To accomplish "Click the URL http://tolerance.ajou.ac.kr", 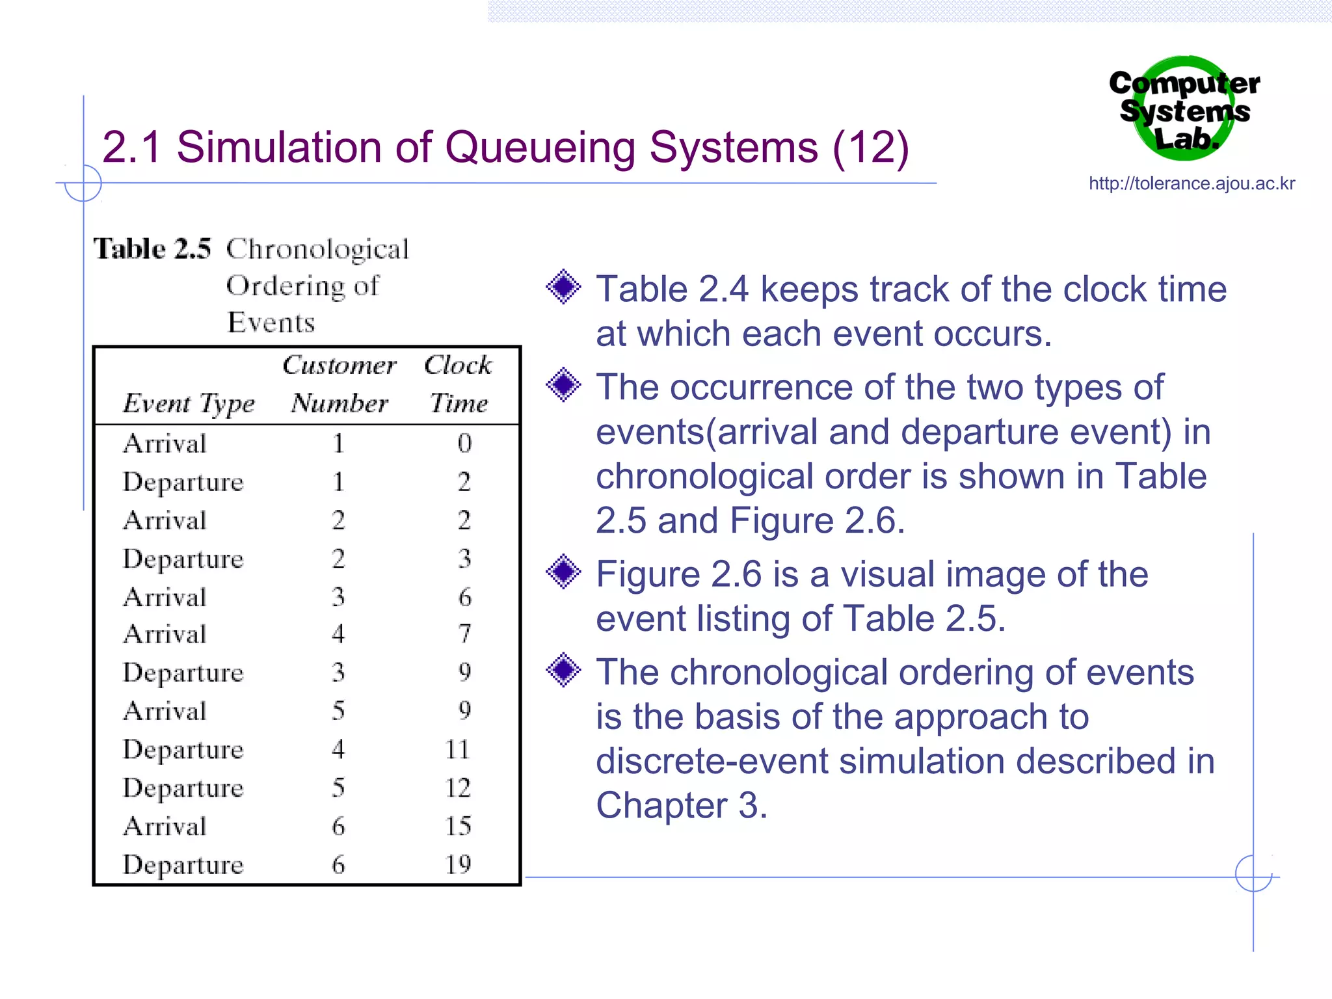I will [x=1192, y=183].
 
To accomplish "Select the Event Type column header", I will [x=189, y=404].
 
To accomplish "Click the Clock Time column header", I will [x=459, y=384].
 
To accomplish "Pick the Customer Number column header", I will [x=340, y=384].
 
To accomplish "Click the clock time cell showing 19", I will [x=458, y=864].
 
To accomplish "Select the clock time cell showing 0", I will [x=464, y=444].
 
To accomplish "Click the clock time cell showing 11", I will [x=458, y=749].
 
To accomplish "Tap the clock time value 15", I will [x=458, y=826].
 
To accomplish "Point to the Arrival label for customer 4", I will [x=165, y=634].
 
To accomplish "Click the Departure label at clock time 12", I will [x=183, y=788].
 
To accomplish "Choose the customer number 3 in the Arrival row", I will [x=338, y=596].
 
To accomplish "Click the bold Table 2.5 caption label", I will [x=152, y=249].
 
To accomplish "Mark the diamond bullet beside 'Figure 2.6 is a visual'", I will [x=563, y=572].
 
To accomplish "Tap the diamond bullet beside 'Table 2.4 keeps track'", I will [x=563, y=287].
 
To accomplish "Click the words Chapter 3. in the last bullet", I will [x=682, y=805].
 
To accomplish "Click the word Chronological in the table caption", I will [x=317, y=249].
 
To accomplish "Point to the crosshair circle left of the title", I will [x=83, y=183].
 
